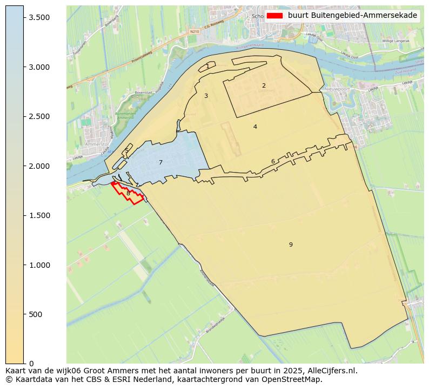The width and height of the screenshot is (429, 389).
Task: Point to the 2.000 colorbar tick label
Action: click(39, 166)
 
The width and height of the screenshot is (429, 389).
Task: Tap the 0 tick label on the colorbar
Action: click(31, 364)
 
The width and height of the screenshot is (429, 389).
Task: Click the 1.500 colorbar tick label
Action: click(39, 215)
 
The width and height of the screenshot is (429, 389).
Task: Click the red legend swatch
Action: click(274, 16)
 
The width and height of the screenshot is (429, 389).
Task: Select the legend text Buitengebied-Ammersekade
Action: click(352, 16)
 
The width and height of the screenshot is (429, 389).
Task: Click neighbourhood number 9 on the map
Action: click(291, 245)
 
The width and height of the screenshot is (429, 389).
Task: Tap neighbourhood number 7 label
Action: click(160, 162)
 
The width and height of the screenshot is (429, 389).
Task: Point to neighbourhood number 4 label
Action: click(255, 127)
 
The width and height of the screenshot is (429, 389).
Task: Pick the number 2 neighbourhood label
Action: click(264, 85)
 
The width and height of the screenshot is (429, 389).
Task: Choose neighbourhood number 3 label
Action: click(206, 96)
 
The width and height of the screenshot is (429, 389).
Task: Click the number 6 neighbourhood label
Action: click(273, 161)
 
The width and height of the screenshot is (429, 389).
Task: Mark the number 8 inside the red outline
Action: click(128, 193)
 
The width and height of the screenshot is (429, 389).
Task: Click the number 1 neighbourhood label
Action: click(207, 67)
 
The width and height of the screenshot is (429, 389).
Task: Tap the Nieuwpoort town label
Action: click(339, 88)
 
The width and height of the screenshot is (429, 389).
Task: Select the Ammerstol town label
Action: click(96, 145)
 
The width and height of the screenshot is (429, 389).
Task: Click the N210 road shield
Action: click(195, 32)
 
